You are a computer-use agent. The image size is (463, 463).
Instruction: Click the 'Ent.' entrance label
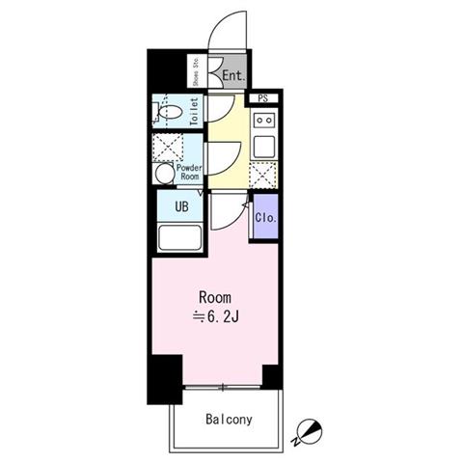coord(233,76)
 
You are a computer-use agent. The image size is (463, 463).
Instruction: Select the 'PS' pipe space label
coord(263,98)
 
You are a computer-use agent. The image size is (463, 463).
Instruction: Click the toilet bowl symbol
coord(171,112)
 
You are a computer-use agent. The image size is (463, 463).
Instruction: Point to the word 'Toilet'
coord(194,111)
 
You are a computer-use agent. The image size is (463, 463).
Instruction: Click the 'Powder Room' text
coord(189,172)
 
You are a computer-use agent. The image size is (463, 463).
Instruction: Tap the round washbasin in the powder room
coord(165,174)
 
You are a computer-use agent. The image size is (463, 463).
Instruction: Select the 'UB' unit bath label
coord(181,206)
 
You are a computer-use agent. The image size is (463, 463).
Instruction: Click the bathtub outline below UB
coord(180,237)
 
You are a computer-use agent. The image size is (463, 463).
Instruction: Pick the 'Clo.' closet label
coord(265,218)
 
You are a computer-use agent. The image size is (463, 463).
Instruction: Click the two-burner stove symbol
coord(263,121)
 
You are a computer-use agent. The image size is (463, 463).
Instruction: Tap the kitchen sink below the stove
coord(264,147)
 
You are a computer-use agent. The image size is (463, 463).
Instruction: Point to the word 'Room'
coord(215,297)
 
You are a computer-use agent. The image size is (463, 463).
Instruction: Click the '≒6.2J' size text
coord(215,317)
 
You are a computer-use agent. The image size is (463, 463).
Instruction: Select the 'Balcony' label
coord(229,420)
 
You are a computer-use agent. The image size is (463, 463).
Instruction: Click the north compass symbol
coord(310,430)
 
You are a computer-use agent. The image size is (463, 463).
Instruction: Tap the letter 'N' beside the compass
coord(295,442)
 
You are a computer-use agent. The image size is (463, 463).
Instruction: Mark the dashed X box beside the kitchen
coord(263,175)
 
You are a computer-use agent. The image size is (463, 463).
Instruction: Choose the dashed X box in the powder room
coord(168,148)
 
